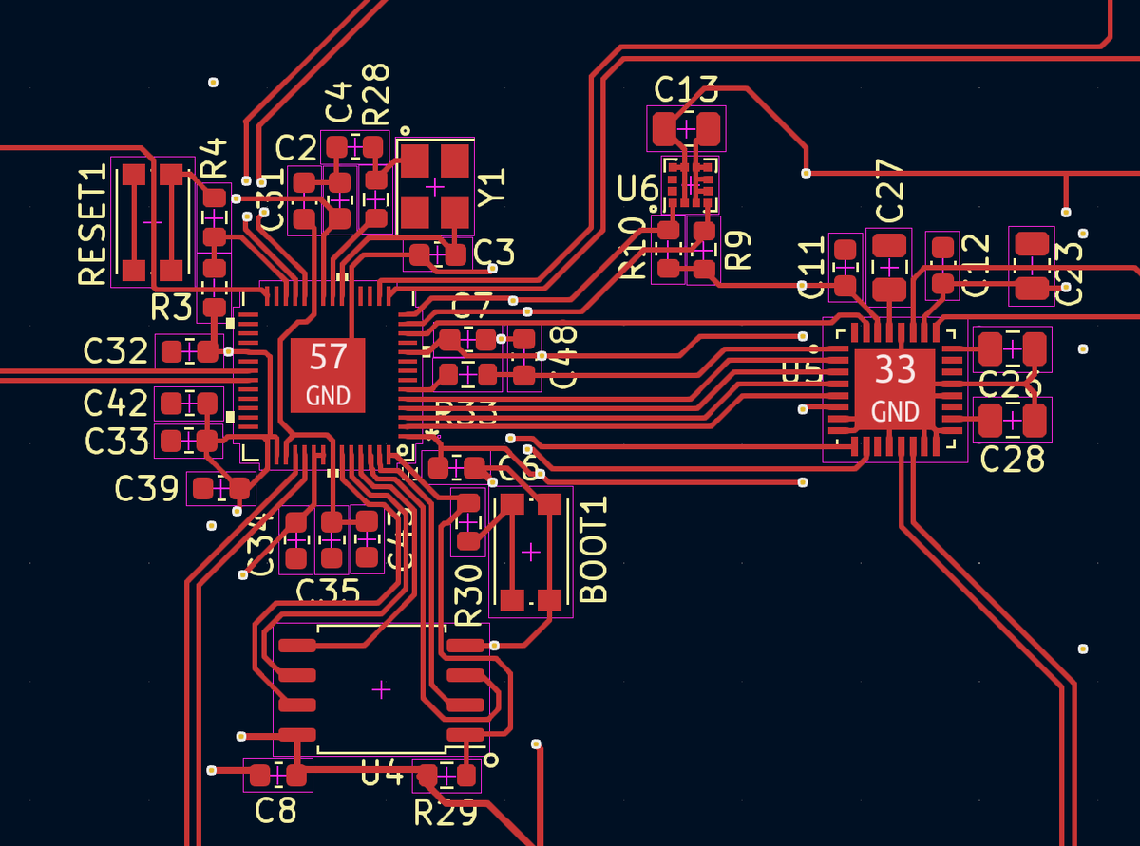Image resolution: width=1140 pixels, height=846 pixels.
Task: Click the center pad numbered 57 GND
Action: (328, 374)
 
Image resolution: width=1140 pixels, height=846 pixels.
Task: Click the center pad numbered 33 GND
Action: (895, 387)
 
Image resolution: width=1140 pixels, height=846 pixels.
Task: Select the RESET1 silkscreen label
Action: (92, 225)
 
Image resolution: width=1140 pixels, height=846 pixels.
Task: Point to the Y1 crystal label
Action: (492, 187)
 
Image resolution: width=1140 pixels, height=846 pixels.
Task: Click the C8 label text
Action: (275, 811)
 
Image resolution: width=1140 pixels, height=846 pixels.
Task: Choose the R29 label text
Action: (445, 813)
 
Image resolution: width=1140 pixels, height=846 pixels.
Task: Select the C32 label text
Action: (115, 351)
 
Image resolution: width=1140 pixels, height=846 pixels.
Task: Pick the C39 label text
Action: (146, 489)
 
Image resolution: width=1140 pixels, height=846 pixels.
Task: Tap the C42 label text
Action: (116, 404)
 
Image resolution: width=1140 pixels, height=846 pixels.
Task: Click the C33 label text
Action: (117, 441)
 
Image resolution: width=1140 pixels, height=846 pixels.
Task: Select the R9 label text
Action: (738, 251)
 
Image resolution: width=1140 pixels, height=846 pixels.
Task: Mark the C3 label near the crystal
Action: (494, 253)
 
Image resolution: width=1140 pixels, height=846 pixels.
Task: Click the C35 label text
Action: (328, 592)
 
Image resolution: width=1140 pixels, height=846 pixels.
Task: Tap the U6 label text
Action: (637, 188)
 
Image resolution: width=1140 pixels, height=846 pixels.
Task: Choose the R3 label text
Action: (172, 308)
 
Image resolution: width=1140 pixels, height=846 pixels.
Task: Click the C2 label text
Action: (295, 149)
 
